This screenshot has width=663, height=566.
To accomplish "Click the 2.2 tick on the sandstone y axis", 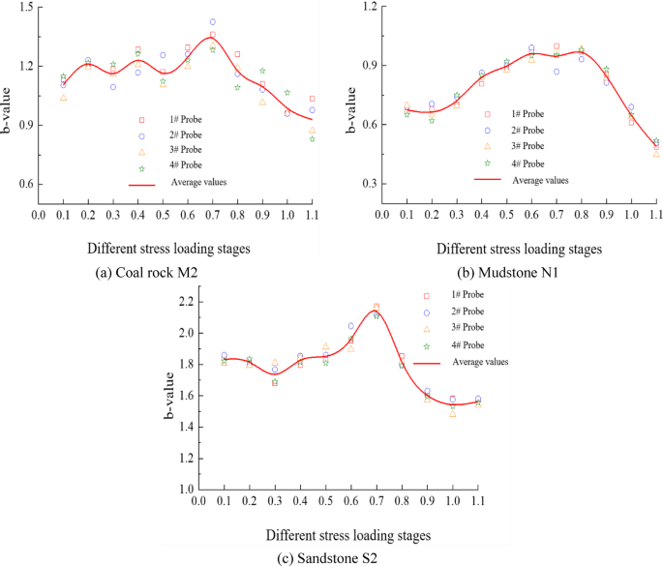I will click(185, 302).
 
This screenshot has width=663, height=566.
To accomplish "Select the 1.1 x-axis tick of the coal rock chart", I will click(313, 215).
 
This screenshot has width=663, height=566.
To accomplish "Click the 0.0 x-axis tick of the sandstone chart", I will click(199, 501).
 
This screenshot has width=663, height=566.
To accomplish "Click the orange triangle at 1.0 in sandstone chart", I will click(453, 414).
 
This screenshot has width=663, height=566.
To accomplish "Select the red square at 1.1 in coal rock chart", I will click(312, 99).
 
